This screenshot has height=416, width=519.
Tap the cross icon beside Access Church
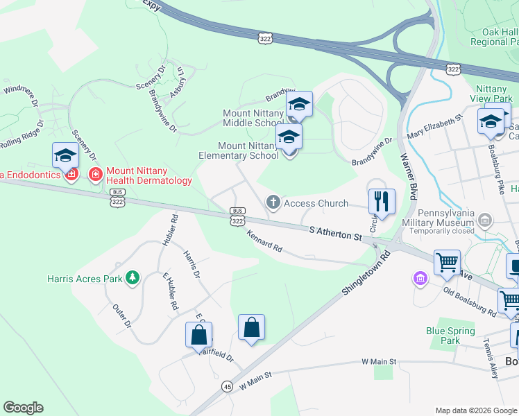(x=273, y=202)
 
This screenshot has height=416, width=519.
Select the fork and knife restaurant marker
(x=381, y=201)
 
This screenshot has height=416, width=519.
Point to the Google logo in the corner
(x=23, y=408)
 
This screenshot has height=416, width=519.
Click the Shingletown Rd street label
(x=366, y=275)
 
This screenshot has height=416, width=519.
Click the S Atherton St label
(x=337, y=233)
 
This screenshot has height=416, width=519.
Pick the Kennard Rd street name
(x=264, y=240)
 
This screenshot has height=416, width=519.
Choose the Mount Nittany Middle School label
(x=253, y=118)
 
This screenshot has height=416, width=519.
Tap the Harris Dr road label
(x=192, y=264)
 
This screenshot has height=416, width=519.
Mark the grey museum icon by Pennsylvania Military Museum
(x=485, y=222)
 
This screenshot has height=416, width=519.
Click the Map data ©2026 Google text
(x=475, y=410)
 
